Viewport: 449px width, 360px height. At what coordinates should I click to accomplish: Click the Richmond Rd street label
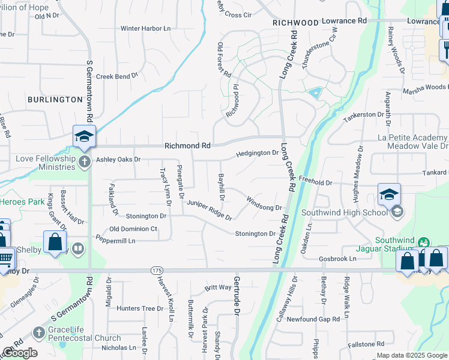pos(187,146)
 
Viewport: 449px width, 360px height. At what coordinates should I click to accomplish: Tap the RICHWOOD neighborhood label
pos(295,23)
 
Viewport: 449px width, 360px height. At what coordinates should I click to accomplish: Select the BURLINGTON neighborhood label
pos(55,100)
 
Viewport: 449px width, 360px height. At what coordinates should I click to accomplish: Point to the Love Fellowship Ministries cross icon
pos(84,161)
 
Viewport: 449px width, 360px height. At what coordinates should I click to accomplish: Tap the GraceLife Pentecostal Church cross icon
pos(38,332)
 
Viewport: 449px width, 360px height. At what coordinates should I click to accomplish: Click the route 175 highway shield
pos(157,271)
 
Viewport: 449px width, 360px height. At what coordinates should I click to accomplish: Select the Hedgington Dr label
pos(257,154)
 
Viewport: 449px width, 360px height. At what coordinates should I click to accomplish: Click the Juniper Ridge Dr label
pos(208,210)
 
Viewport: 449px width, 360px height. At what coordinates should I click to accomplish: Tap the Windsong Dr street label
pos(264,203)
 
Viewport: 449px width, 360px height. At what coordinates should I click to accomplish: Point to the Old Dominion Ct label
pos(133,229)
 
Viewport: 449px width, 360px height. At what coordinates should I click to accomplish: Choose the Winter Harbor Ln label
pos(146,28)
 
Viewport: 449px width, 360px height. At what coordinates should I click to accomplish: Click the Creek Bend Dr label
pos(117,76)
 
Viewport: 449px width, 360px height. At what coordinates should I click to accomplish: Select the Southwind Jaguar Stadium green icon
pos(424,242)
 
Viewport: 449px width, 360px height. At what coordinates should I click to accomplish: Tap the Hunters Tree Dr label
pos(140,308)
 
